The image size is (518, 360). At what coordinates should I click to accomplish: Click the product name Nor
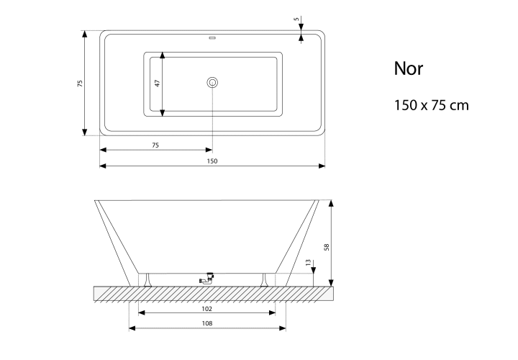(409, 68)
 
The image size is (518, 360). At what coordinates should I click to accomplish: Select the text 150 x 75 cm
(432, 105)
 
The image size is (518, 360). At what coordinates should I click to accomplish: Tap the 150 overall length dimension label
(212, 161)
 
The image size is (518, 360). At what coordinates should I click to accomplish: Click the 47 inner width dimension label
(158, 83)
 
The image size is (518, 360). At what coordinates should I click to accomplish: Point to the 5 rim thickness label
(296, 19)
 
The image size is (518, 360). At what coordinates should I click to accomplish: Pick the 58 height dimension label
(327, 247)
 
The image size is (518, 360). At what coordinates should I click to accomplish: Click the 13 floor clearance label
(308, 263)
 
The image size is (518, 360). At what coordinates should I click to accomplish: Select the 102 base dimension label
(206, 309)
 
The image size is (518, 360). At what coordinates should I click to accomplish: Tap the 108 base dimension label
(207, 323)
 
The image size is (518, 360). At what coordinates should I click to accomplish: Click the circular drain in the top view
(212, 82)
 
